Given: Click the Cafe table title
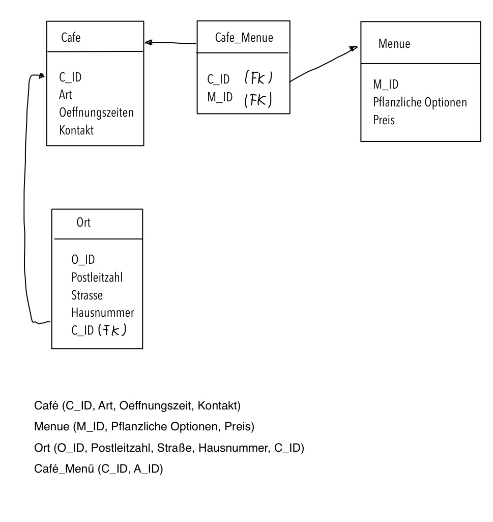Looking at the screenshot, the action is pyautogui.click(x=71, y=37).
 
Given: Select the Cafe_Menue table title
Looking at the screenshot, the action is pyautogui.click(x=244, y=38).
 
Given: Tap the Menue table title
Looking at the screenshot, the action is pyautogui.click(x=394, y=44).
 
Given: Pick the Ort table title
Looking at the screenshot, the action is pyautogui.click(x=83, y=222).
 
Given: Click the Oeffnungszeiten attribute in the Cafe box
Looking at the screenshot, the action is pyautogui.click(x=97, y=113).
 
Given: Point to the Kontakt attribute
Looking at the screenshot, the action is pyautogui.click(x=76, y=130).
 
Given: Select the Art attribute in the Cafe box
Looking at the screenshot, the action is pyautogui.click(x=66, y=95).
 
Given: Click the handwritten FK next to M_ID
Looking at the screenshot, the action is pyautogui.click(x=258, y=99).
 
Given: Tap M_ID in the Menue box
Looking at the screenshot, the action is pyautogui.click(x=386, y=85).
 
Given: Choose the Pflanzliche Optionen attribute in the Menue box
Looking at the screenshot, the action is pyautogui.click(x=420, y=102).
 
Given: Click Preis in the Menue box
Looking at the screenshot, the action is pyautogui.click(x=384, y=120).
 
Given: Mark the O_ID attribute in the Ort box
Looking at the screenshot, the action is pyautogui.click(x=83, y=260).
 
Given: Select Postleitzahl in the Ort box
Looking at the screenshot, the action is pyautogui.click(x=97, y=278).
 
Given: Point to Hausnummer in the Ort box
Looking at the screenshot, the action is pyautogui.click(x=103, y=313).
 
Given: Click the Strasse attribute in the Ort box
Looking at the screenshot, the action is pyautogui.click(x=87, y=295).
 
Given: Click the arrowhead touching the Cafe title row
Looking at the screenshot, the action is pyautogui.click(x=149, y=43).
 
